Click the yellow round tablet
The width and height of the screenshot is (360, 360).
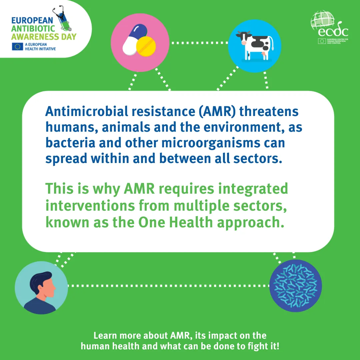tap(146, 46)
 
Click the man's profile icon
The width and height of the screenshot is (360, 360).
tap(41, 287)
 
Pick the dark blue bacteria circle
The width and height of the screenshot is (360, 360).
tap(296, 286)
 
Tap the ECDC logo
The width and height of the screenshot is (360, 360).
tap(329, 29)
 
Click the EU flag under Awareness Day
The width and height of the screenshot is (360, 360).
tap(17, 47)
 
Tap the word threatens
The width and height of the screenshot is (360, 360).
tap(269, 111)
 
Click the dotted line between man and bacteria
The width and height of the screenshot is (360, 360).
tap(168, 286)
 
